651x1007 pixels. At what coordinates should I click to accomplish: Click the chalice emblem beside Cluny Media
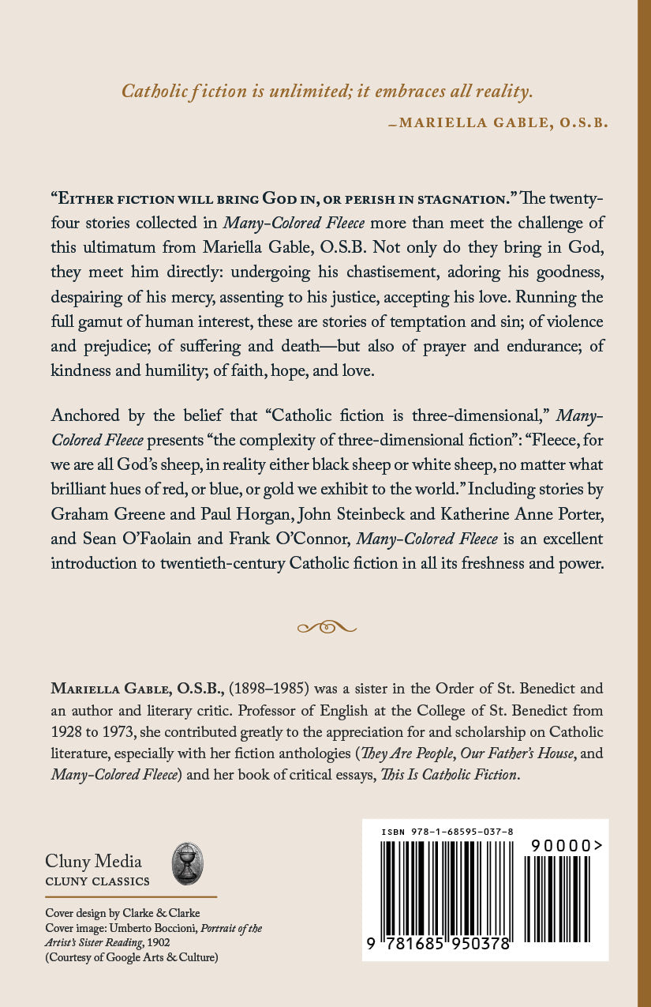point(188,863)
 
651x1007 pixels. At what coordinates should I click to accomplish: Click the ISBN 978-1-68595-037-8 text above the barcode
point(447,832)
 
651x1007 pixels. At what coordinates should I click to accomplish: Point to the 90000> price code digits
point(567,845)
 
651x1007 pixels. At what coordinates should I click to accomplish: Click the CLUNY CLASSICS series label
point(97,881)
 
